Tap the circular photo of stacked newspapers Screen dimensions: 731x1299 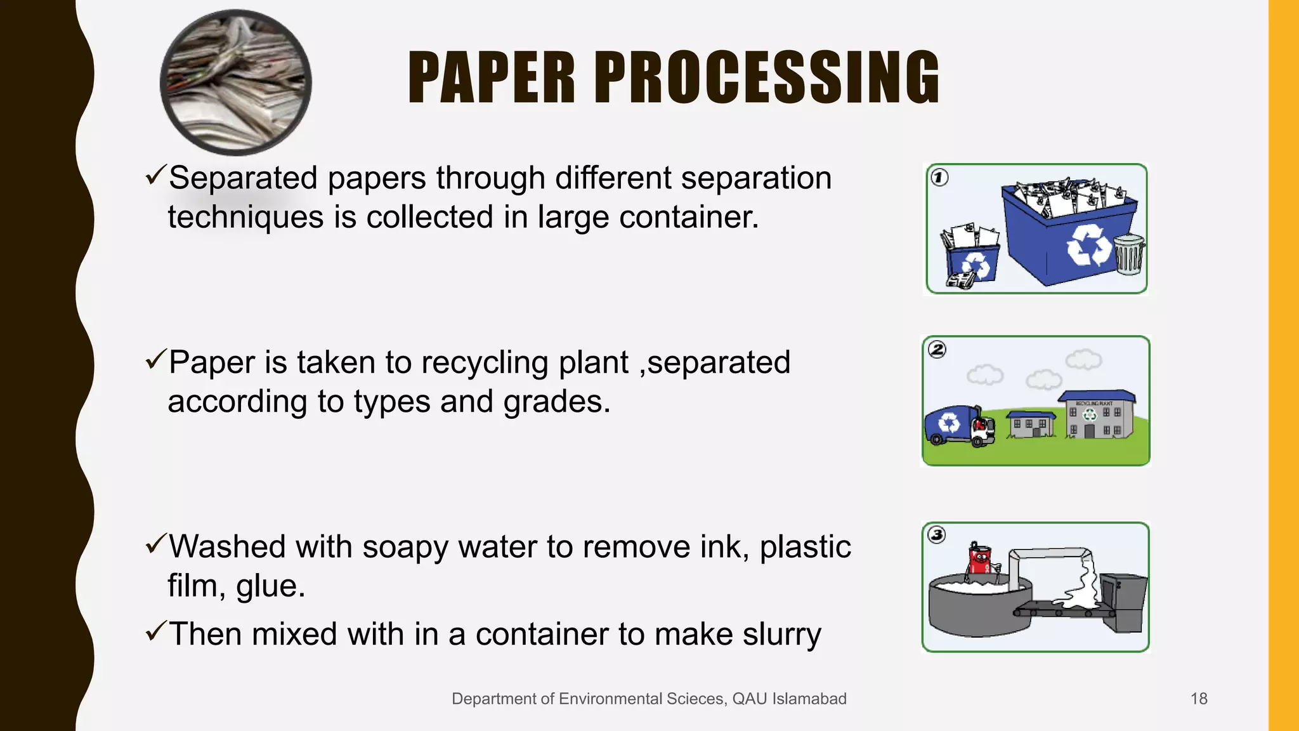(x=236, y=82)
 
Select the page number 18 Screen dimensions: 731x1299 (x=1199, y=699)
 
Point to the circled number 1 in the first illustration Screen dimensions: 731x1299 (x=939, y=178)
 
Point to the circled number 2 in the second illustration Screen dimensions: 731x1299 (x=937, y=350)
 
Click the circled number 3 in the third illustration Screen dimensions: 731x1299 (x=937, y=535)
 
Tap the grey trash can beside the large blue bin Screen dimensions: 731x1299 (x=1129, y=254)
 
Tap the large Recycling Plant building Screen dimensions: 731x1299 (x=1095, y=416)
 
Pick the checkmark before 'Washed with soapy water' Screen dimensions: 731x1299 (x=155, y=544)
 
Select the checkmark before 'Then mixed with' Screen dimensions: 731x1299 (x=155, y=631)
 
